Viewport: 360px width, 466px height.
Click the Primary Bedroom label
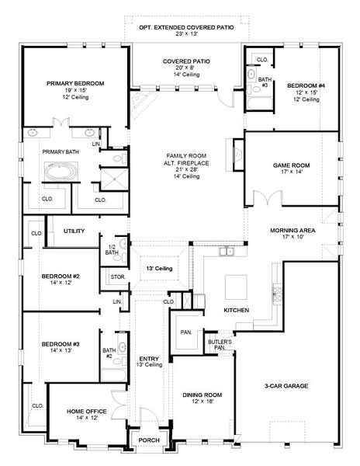[75, 83]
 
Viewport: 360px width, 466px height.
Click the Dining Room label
[202, 395]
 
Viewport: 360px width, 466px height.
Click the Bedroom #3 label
[60, 343]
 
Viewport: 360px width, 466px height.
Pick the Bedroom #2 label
[60, 276]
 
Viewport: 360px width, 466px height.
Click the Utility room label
[74, 231]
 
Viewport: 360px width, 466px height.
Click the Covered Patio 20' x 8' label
[186, 61]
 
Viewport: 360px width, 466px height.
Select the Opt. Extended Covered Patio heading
[186, 26]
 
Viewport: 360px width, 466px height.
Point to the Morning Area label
[292, 231]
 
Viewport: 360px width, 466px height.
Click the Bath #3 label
[265, 80]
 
